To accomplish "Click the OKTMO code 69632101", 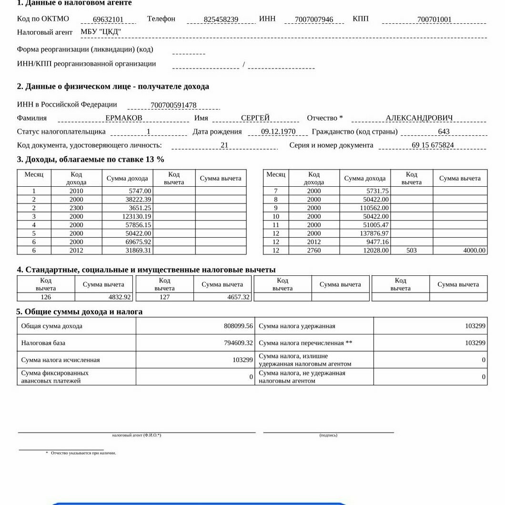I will [x=108, y=20].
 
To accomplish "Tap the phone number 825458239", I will [x=221, y=20].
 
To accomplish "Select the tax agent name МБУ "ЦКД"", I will [x=101, y=32].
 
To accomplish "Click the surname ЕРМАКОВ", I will [x=124, y=118].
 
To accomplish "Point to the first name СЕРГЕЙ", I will [x=255, y=118].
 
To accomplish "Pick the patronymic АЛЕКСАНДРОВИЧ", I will [x=419, y=118].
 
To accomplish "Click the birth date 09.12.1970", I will [x=278, y=132].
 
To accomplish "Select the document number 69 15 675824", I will [x=433, y=145].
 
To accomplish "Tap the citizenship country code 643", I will [x=444, y=132].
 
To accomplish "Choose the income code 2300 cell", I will [x=76, y=208].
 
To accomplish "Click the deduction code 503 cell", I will [x=412, y=251].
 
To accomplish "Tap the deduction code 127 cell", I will [x=165, y=297].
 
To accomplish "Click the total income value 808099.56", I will [x=238, y=326].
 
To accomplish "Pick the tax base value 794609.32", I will [x=238, y=343].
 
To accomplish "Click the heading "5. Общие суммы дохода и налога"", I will [x=80, y=312].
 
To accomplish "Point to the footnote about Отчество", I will [x=83, y=453].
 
